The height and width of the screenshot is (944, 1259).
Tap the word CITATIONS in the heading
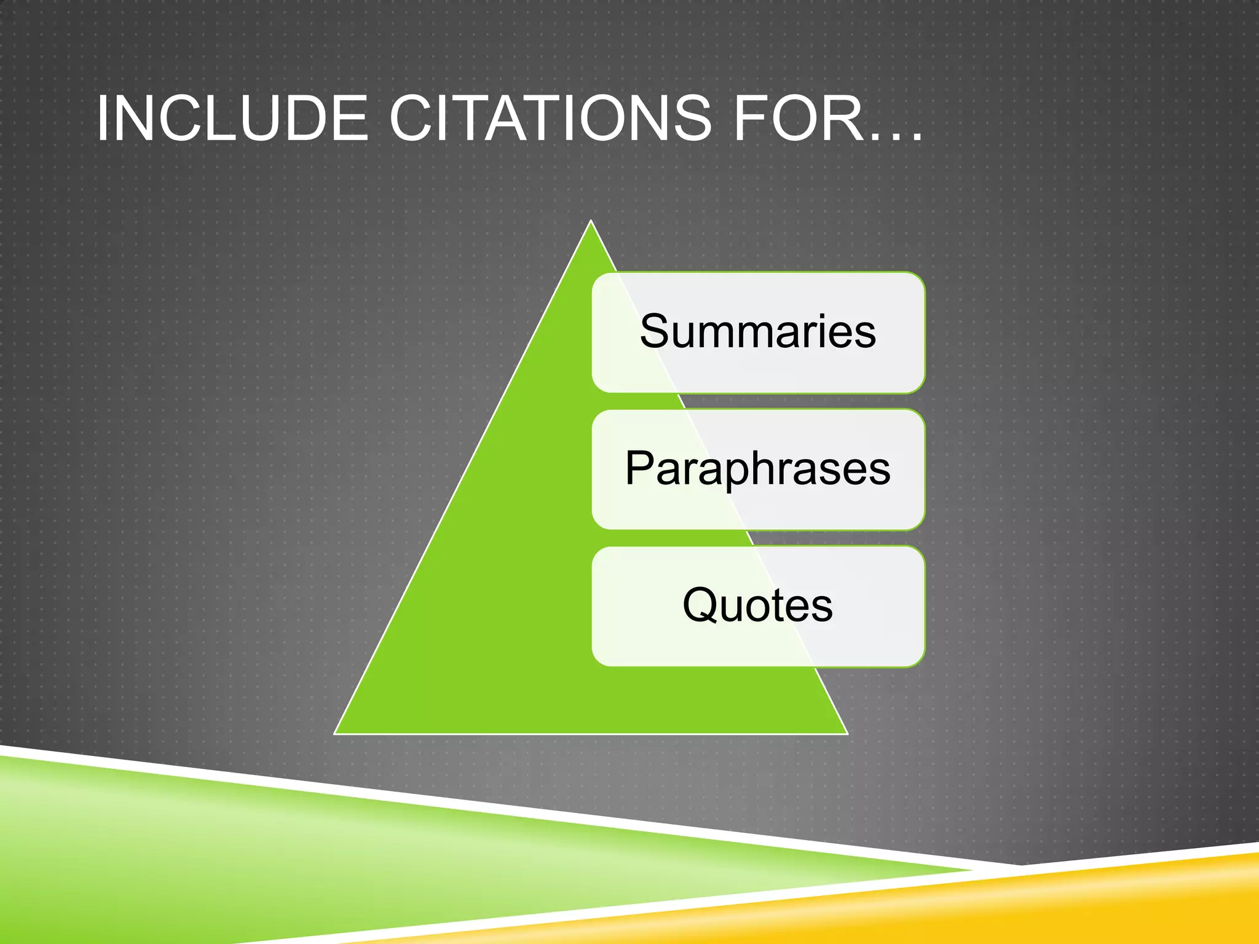tap(550, 119)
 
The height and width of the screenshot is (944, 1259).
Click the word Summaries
tap(757, 332)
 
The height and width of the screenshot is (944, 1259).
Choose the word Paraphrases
tap(757, 469)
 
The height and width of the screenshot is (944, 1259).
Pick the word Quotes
tap(757, 606)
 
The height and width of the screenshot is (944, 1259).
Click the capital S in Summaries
tap(657, 332)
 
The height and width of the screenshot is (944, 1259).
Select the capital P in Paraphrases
tap(640, 468)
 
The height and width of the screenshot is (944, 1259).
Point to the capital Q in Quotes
tap(701, 606)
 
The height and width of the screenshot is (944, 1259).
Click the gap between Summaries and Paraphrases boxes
tap(757, 401)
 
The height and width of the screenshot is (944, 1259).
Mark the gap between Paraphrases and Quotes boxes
tap(757, 538)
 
